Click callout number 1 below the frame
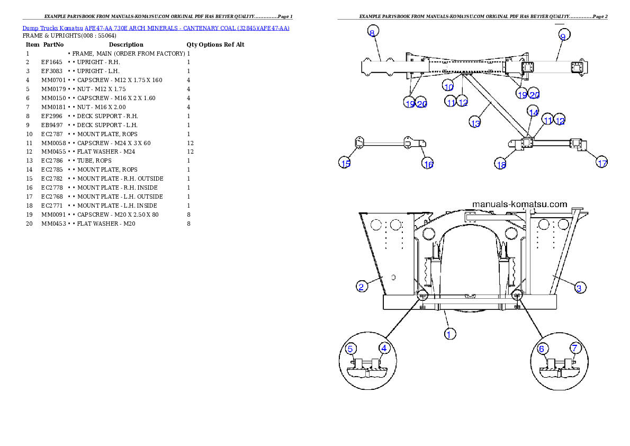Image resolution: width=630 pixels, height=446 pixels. [x=449, y=334]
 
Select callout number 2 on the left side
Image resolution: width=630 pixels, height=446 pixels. [x=361, y=287]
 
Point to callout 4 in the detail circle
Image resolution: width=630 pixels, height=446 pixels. [x=384, y=348]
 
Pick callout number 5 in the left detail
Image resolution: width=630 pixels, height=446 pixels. [x=351, y=349]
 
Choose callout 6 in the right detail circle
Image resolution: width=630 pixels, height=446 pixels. [x=542, y=349]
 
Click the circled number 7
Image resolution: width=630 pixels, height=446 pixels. [x=575, y=348]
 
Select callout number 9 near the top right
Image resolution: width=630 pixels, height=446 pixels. [x=563, y=35]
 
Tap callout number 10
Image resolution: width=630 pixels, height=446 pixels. [x=449, y=87]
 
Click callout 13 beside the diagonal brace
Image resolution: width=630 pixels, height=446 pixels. [x=475, y=123]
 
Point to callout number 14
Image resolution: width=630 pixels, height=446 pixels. [x=533, y=112]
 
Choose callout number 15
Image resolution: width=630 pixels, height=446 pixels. [x=345, y=163]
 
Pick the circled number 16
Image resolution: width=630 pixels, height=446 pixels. [x=428, y=164]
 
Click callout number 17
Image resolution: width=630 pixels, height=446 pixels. [x=602, y=163]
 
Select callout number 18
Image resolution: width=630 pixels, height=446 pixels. [x=501, y=165]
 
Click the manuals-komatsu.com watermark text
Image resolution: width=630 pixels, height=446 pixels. [x=519, y=204]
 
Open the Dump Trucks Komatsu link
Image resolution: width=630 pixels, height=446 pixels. [x=156, y=28]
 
